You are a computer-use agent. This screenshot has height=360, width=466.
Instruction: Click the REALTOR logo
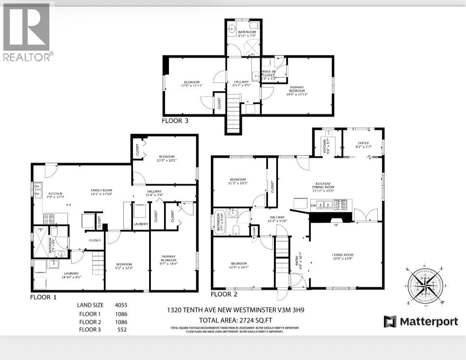tap(27, 32)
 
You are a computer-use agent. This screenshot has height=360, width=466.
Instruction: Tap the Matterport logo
tap(421, 322)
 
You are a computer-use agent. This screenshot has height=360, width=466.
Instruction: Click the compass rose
tap(425, 286)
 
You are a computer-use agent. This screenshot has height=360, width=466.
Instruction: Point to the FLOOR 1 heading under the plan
tap(43, 297)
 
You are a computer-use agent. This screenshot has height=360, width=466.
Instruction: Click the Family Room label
tap(101, 192)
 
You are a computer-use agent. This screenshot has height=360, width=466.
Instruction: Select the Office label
tap(363, 144)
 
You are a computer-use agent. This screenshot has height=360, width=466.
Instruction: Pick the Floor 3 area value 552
tap(122, 330)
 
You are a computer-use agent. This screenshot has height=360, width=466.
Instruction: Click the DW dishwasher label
tap(313, 205)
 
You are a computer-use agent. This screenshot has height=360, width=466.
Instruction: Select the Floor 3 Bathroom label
tap(246, 34)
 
